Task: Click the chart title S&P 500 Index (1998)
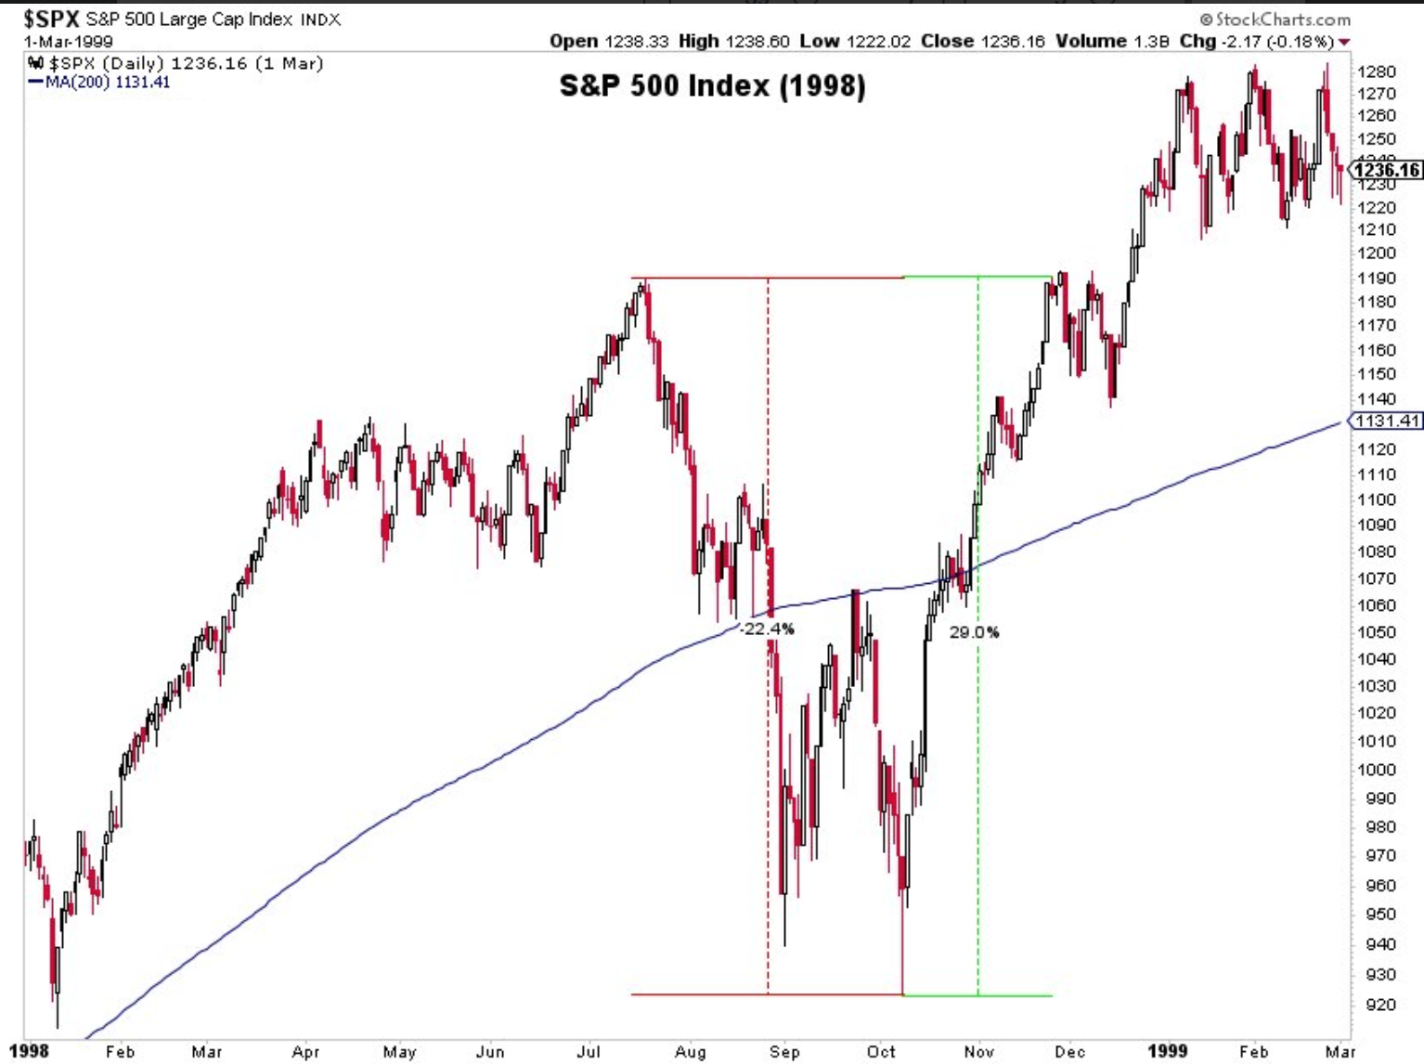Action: click(x=712, y=86)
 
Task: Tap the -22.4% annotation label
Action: click(x=769, y=629)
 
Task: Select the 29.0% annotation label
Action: click(x=974, y=632)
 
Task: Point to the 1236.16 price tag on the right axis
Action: click(x=1387, y=169)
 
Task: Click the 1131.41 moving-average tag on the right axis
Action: click(x=1387, y=421)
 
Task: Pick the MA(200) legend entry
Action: click(x=100, y=82)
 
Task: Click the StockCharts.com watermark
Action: click(x=1275, y=19)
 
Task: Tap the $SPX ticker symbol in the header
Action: click(x=52, y=19)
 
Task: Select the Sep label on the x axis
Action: click(x=784, y=1051)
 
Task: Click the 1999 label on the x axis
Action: click(x=1167, y=1051)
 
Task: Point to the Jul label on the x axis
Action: click(x=589, y=1051)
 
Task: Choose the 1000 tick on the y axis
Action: click(x=1376, y=770)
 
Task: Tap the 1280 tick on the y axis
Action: click(x=1376, y=71)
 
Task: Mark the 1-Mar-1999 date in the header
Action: click(x=68, y=42)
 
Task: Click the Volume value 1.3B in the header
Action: click(x=1150, y=41)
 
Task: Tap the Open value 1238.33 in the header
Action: click(x=637, y=41)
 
